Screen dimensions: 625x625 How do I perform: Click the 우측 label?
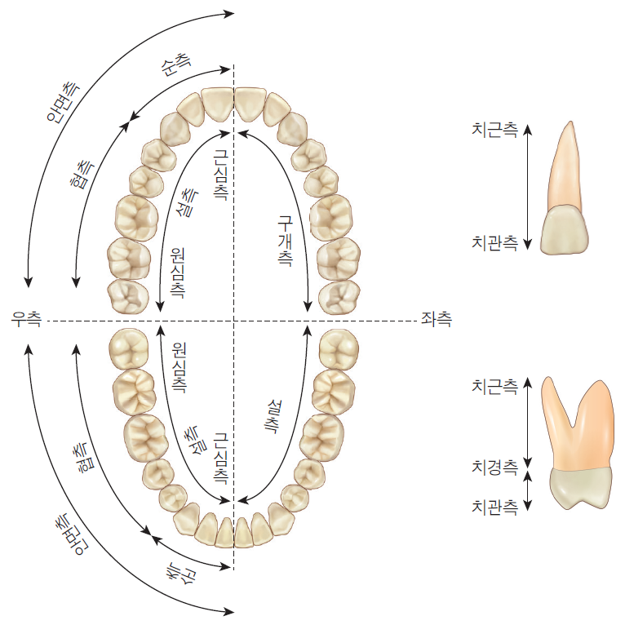26,319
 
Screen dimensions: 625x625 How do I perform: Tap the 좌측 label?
437,319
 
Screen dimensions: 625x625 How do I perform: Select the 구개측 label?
286,241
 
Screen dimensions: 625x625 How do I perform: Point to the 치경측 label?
494,468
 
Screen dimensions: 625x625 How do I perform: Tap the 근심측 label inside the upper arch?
220,175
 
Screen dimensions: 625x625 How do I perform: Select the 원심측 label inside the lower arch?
179,367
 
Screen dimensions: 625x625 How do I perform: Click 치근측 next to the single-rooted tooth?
494,130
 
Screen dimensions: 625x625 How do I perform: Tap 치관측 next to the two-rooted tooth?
494,507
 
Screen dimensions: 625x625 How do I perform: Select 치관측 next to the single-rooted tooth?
494,243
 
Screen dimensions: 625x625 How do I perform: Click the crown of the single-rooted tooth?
564,230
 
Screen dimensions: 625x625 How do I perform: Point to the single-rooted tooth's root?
565,167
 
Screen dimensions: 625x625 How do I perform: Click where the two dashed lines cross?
234,321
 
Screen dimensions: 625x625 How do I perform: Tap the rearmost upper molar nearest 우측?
128,297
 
